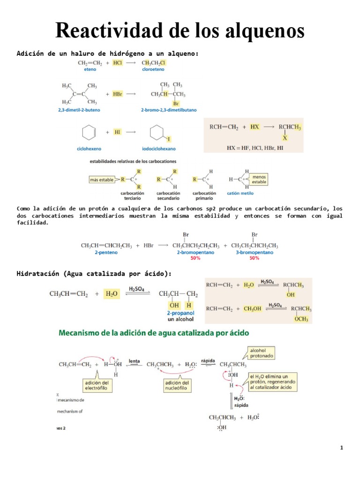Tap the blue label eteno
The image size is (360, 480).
[90, 69]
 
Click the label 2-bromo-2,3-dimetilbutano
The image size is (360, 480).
[169, 110]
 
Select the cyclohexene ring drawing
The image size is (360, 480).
[88, 133]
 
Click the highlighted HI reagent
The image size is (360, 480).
[117, 132]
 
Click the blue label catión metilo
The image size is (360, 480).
[240, 193]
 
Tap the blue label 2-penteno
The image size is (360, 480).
[106, 252]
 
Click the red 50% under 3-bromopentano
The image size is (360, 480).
[255, 258]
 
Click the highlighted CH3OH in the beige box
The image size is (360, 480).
[253, 308]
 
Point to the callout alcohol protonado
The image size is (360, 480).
[262, 353]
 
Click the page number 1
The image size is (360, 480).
[342, 448]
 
